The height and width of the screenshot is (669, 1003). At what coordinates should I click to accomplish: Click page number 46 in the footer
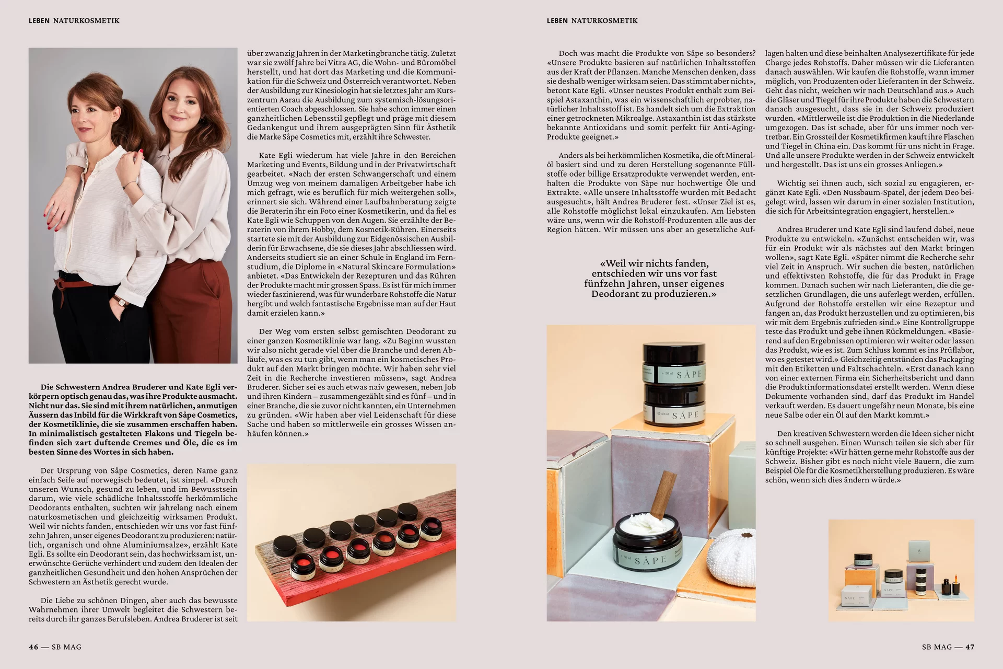(x=33, y=647)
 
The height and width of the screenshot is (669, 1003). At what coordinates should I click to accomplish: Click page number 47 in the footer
(x=970, y=647)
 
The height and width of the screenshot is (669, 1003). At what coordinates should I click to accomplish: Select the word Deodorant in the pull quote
(x=616, y=294)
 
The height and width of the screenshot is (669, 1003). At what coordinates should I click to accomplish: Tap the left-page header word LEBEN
(x=39, y=21)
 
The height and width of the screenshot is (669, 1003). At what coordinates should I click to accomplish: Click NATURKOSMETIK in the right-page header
(x=604, y=21)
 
